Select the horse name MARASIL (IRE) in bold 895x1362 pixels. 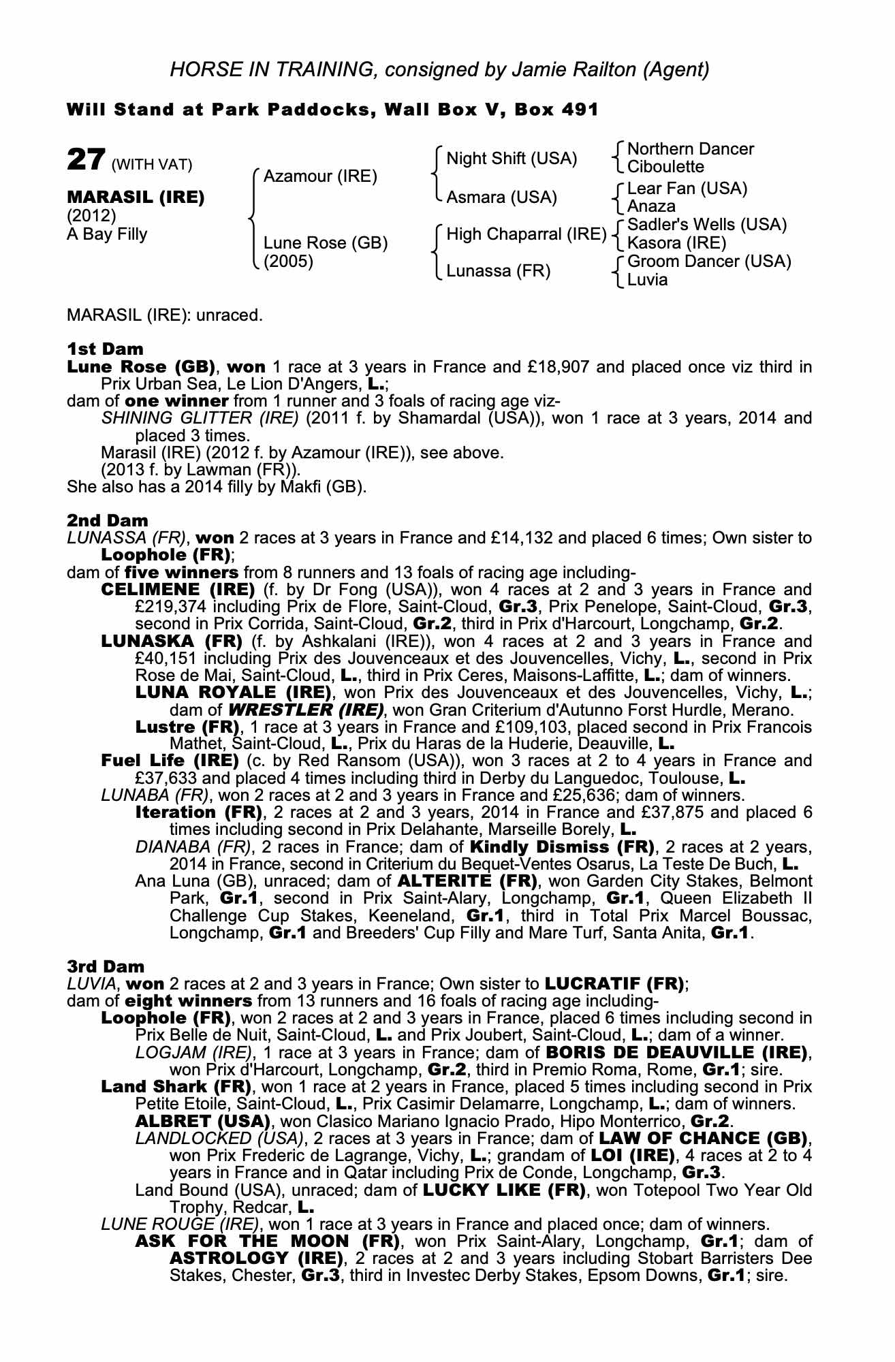(136, 197)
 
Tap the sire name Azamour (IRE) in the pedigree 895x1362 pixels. (319, 176)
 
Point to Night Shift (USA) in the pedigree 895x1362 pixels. (512, 159)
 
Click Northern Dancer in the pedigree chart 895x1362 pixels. (690, 149)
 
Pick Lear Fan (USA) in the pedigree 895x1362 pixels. (687, 189)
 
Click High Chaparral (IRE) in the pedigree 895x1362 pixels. (526, 234)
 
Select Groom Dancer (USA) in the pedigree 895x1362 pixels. (708, 262)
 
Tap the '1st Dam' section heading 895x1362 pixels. (105, 349)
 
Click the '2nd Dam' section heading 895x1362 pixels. (107, 521)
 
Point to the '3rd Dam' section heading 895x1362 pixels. (106, 966)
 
